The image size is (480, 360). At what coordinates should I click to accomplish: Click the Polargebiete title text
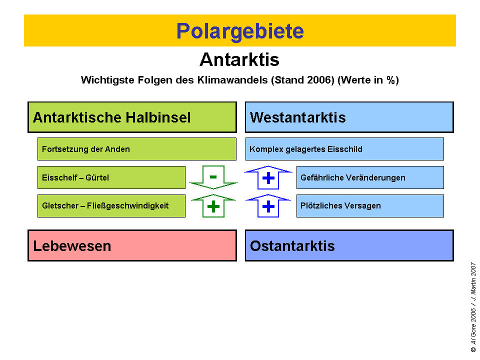pos(240,31)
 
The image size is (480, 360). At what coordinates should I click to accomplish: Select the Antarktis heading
pos(239,60)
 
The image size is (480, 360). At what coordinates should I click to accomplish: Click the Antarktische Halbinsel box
pos(132,117)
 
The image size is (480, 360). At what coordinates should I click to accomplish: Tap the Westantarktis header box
pos(349,117)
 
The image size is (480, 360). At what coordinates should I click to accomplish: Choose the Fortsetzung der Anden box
pos(136,149)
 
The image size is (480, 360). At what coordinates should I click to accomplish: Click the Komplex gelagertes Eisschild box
pos(344,149)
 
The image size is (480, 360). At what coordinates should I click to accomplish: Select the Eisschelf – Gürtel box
pos(111,177)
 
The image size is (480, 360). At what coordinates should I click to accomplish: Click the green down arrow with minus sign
pos(213,177)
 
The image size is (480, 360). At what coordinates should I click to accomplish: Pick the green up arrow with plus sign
pos(213,206)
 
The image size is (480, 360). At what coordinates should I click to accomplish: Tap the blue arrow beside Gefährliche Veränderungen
pos(268,177)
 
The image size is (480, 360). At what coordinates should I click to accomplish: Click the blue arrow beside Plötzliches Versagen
pos(268,206)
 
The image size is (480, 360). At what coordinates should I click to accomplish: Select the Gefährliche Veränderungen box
pos(370,177)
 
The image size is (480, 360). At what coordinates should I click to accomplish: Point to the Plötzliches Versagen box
pos(370,206)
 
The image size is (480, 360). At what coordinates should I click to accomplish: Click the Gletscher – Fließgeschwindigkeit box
pos(111,206)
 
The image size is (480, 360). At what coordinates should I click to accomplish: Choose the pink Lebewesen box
pos(132,245)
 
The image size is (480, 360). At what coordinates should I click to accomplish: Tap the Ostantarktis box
pos(349,245)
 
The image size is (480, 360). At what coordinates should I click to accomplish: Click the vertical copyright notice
pos(473,307)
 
